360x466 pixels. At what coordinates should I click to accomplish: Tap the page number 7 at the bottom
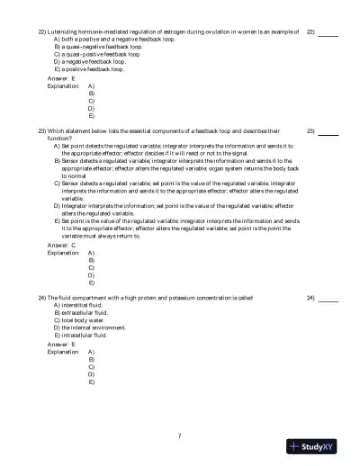click(180, 436)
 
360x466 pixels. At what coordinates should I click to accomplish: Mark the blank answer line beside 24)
click(328, 298)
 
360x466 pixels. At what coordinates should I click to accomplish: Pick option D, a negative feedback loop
click(88, 61)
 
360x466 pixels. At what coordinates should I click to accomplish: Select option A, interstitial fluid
click(77, 305)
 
